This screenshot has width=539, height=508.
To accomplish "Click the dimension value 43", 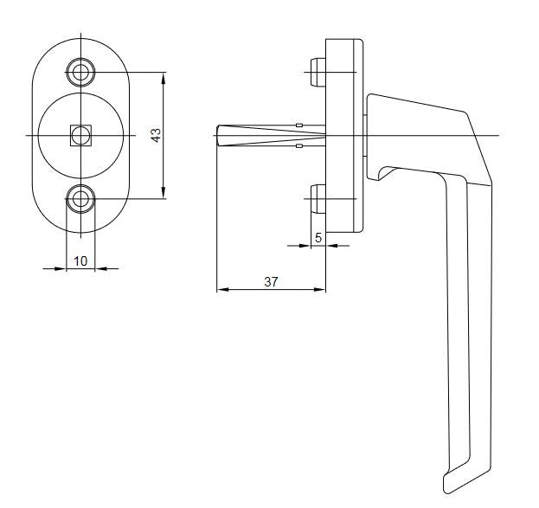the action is click(157, 136).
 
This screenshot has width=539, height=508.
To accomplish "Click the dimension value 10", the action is click(80, 261).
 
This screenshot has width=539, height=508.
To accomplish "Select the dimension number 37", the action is click(271, 282).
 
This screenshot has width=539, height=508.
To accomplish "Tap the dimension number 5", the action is click(318, 238).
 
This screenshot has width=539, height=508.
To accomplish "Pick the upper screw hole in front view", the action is click(80, 72).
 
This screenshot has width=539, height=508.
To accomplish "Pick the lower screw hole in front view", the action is click(80, 199).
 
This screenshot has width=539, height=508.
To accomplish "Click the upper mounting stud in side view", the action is click(318, 72).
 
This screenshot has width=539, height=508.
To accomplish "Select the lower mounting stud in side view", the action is click(318, 199).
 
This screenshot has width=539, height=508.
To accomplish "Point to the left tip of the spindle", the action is click(217, 136).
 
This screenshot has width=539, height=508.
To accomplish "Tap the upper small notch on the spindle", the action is click(299, 125).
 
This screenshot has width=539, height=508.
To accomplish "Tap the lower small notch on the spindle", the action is click(299, 146).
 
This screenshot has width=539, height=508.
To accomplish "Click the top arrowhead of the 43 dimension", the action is click(164, 79).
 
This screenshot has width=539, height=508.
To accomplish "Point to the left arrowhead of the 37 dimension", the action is click(223, 290).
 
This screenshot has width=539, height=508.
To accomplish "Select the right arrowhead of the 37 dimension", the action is click(320, 290).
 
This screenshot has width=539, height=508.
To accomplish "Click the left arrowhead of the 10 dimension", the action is click(61, 268).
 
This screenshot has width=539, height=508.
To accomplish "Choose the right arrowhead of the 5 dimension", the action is click(331, 246).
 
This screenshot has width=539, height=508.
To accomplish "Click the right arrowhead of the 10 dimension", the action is click(100, 268).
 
